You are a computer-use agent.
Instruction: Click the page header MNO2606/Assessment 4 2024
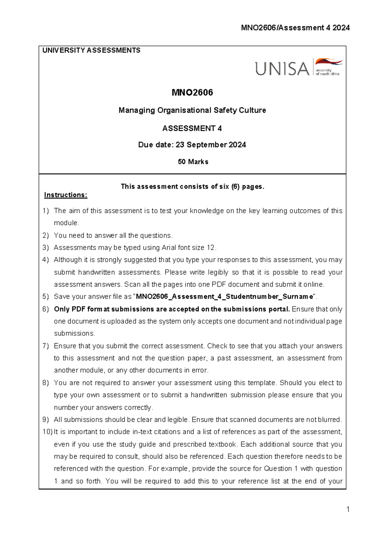coord(295,28)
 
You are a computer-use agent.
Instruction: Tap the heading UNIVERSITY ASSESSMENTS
coord(91,50)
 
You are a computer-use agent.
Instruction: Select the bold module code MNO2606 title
coord(192,93)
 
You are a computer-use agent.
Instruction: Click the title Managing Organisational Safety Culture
coord(192,110)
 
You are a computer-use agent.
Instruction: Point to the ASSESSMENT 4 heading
coord(192,129)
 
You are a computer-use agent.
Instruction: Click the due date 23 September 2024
coord(210,145)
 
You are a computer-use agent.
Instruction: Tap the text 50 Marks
coord(193,162)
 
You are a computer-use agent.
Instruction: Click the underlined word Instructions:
coord(65,195)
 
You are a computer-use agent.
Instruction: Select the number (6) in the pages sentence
coord(235,187)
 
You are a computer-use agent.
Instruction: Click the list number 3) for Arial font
coord(46,248)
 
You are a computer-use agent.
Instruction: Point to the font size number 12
coord(210,248)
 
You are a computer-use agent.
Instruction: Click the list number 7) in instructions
coord(46,346)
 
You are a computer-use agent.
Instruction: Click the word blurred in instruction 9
coord(329,420)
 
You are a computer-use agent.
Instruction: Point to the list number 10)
coord(47,432)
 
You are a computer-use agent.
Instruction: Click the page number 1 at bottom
coord(348,509)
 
